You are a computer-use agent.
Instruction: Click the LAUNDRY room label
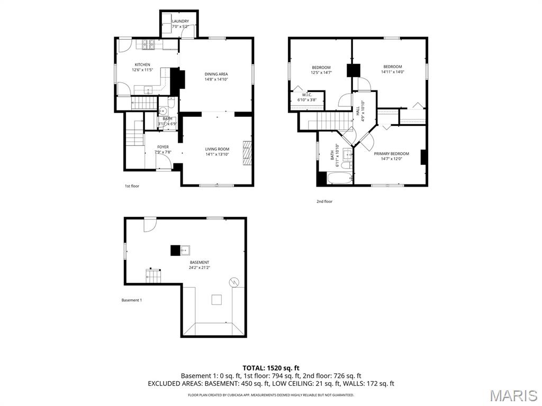coord(180,21)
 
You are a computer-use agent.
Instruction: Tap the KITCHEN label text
coord(141,64)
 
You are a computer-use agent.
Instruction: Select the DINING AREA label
coord(216,74)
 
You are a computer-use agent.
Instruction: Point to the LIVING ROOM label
coord(217,149)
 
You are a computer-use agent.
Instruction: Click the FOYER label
coord(163,147)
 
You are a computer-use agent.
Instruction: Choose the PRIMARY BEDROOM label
coord(391,154)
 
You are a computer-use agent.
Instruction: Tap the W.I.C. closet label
coord(307,95)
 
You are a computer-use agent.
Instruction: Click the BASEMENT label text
coord(200,262)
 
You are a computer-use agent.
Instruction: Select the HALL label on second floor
coord(358,111)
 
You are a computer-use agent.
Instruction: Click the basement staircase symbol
coord(154,275)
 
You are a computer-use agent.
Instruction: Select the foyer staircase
coord(134,139)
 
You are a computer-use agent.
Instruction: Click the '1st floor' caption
coord(132,186)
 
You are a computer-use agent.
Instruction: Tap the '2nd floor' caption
coord(324,201)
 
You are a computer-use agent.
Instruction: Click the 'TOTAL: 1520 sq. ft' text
coord(271,367)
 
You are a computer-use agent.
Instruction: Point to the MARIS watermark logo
coord(513,395)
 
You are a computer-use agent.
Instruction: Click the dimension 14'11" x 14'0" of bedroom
coord(392,72)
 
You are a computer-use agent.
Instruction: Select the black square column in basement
coord(175,251)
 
